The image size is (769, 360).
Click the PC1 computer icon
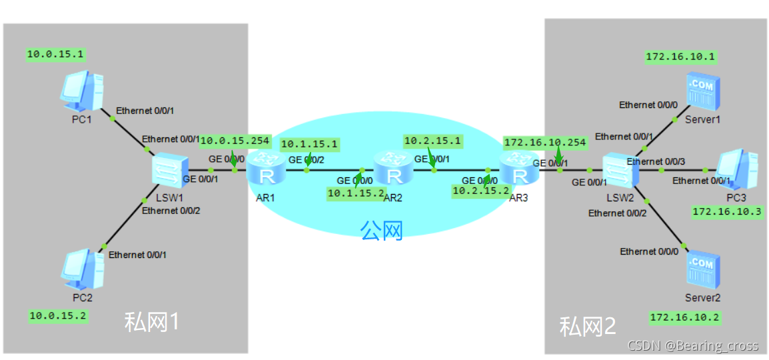[82, 91]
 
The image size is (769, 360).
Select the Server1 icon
[701, 93]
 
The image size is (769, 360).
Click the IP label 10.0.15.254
[235, 140]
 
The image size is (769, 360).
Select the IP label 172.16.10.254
[545, 142]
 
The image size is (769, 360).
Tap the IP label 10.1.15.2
[356, 193]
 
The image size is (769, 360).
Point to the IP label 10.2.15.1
[432, 141]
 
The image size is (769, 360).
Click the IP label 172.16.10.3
[727, 211]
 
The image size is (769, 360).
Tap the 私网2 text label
[588, 326]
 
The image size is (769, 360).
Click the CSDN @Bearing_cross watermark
[693, 345]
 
